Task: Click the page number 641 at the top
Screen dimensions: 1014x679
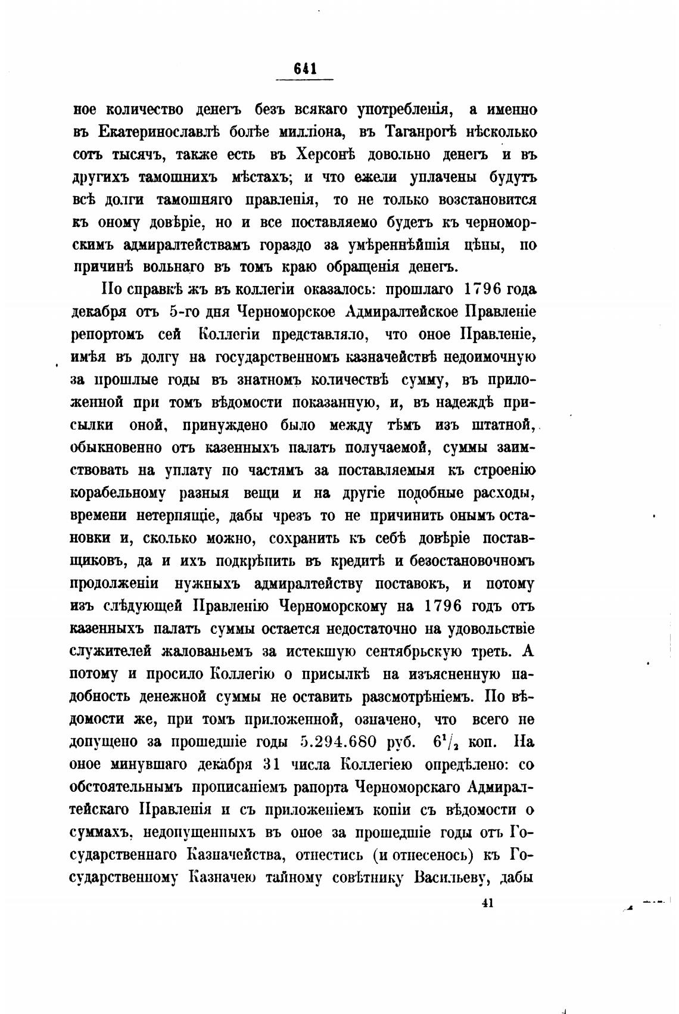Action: coord(304,69)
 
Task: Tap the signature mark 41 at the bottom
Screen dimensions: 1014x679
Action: coord(487,903)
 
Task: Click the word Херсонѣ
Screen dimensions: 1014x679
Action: coord(325,155)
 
